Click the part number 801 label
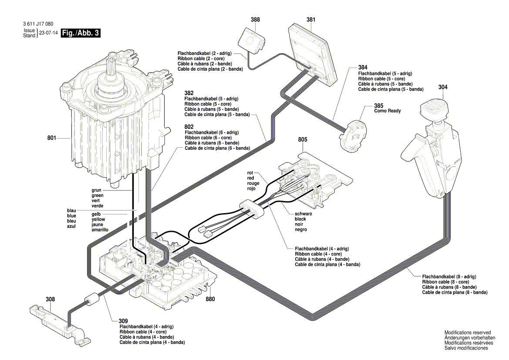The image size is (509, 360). tap(52, 138)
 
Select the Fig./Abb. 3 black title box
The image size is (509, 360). tap(81, 33)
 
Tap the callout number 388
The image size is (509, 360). tap(255, 20)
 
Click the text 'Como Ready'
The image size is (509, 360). tap(388, 111)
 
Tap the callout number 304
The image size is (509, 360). tap(442, 87)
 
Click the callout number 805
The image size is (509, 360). tap(303, 139)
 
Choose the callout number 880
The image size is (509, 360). tap(211, 300)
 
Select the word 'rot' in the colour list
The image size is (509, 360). tap(250, 173)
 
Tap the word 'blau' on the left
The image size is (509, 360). tap(71, 211)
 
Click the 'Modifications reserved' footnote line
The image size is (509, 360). tap(467, 333)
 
